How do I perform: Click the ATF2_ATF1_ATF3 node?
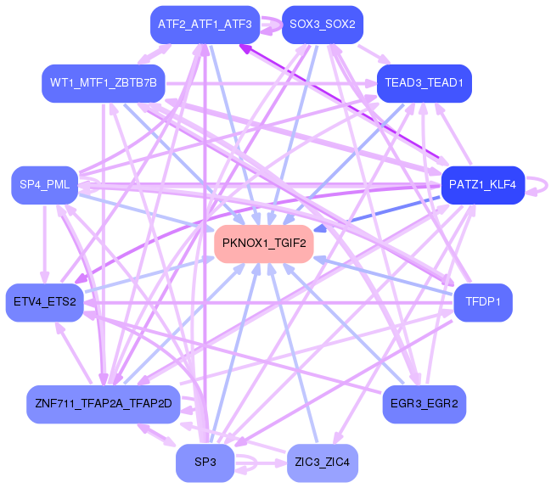[205, 25]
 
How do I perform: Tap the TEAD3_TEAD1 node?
[424, 83]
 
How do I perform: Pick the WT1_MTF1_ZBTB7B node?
[103, 83]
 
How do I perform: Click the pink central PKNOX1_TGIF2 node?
[263, 244]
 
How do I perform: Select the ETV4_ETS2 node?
[45, 302]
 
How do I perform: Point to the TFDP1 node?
[482, 302]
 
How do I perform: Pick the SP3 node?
[205, 463]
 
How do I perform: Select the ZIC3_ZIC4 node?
[323, 463]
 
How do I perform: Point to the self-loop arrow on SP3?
[248, 463]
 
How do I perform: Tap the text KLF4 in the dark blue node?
[501, 185]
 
